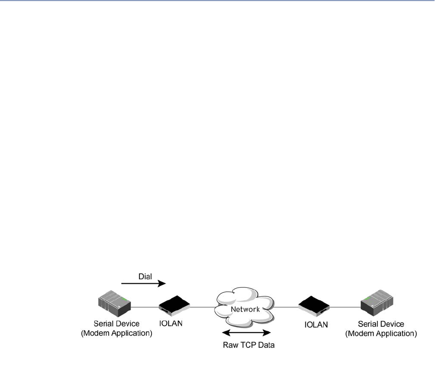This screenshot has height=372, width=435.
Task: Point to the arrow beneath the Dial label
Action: coord(143,283)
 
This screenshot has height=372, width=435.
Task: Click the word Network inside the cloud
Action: coord(244,308)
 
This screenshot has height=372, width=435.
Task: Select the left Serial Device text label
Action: coord(116,324)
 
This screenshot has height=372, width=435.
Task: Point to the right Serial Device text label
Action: coord(381,324)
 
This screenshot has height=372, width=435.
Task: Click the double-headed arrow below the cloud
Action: coord(247,333)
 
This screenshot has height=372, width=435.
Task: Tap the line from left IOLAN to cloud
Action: coord(204,307)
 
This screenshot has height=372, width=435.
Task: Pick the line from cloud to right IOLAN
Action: coord(287,307)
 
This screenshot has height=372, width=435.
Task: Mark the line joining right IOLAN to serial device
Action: coord(346,307)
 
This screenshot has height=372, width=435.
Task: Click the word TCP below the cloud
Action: coord(247,345)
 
